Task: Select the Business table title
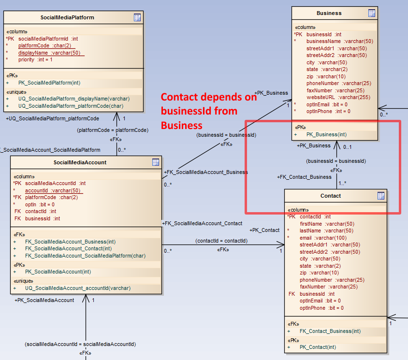click(329, 13)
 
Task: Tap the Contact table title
click(331, 196)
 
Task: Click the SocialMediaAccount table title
click(80, 162)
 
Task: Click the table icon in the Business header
click(372, 13)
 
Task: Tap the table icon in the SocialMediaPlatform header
click(137, 17)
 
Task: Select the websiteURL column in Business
click(338, 97)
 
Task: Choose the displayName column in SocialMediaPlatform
click(49, 53)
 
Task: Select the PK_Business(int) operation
click(326, 134)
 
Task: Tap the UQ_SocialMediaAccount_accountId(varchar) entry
click(77, 288)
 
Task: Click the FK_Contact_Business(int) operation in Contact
click(330, 331)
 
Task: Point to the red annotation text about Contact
click(208, 111)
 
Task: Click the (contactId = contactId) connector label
click(221, 241)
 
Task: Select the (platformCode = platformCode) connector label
click(112, 130)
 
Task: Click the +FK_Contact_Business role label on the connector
click(304, 177)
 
